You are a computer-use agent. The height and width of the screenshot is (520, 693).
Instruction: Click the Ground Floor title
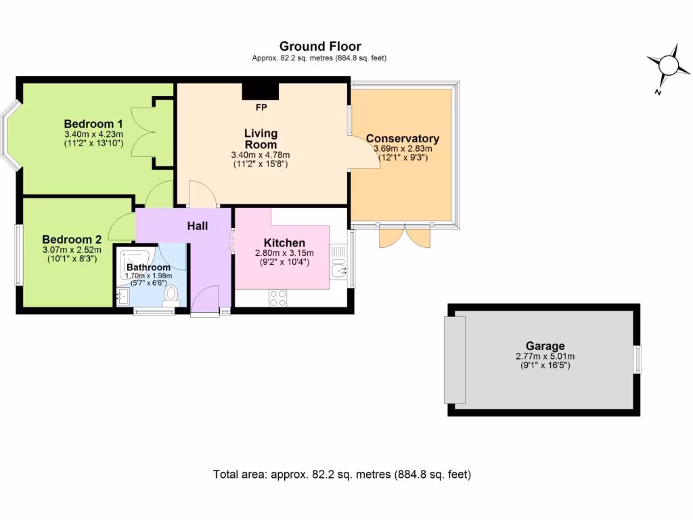point(320,46)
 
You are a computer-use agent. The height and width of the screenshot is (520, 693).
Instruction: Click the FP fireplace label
point(261,108)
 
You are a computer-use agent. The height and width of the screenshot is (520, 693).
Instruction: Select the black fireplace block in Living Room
point(261,91)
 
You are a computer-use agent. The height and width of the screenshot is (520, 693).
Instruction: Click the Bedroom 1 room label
point(93,124)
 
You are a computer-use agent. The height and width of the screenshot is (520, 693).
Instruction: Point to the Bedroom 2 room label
point(72,239)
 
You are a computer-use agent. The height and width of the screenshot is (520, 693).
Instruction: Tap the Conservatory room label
point(403,139)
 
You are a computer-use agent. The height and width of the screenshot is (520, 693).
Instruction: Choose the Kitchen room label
point(284,243)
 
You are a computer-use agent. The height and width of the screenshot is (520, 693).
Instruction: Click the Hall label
point(198,226)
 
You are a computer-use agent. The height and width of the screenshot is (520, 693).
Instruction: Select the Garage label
point(545,346)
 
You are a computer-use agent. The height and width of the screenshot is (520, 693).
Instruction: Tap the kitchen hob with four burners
point(277,298)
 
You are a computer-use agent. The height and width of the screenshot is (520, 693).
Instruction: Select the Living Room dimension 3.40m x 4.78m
point(261,155)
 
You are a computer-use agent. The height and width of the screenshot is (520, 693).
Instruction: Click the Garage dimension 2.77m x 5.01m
point(545,356)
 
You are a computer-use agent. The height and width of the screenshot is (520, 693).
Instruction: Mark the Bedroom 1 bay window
point(9,134)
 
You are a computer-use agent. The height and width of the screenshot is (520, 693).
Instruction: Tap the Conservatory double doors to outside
point(405,235)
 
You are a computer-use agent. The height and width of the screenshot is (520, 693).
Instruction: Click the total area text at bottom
point(342,475)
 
